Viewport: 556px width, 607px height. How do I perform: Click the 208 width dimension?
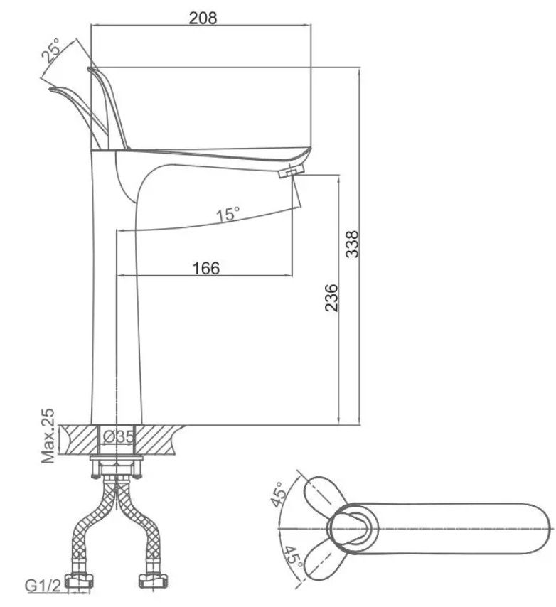(x=203, y=18)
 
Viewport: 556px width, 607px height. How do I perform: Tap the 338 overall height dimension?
(x=353, y=245)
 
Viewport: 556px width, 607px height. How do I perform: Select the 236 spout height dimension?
(x=331, y=298)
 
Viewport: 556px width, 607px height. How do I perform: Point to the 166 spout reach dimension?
(x=206, y=268)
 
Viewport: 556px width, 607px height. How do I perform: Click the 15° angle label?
(x=228, y=214)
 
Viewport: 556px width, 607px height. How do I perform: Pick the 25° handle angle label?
(x=51, y=50)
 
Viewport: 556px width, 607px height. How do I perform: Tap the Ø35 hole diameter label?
(x=119, y=436)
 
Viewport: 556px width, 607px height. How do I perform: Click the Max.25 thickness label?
(x=48, y=436)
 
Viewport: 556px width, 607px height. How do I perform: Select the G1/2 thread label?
(x=43, y=586)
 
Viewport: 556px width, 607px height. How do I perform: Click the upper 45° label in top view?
(x=279, y=495)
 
